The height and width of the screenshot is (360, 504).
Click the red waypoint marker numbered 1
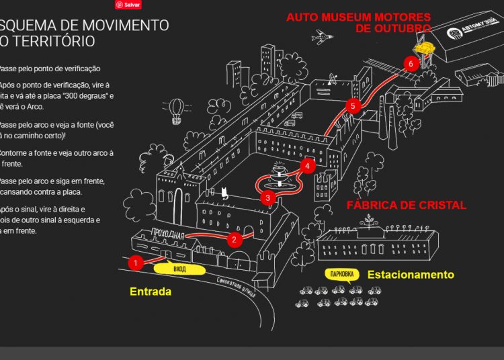pyautogui.click(x=136, y=263)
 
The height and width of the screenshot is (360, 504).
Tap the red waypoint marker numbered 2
pyautogui.click(x=235, y=239)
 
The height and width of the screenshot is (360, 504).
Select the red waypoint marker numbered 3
pyautogui.click(x=267, y=197)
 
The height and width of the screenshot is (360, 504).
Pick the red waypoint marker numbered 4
pyautogui.click(x=307, y=165)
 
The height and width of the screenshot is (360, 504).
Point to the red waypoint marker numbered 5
pyautogui.click(x=352, y=106)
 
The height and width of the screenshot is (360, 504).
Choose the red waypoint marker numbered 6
pyautogui.click(x=411, y=64)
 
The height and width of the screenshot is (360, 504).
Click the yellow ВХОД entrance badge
pyautogui.click(x=179, y=269)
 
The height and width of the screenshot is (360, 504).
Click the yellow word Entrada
pyautogui.click(x=151, y=291)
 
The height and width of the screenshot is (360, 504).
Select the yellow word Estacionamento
pyautogui.click(x=410, y=274)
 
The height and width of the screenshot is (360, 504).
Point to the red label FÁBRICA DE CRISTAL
pyautogui.click(x=406, y=205)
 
